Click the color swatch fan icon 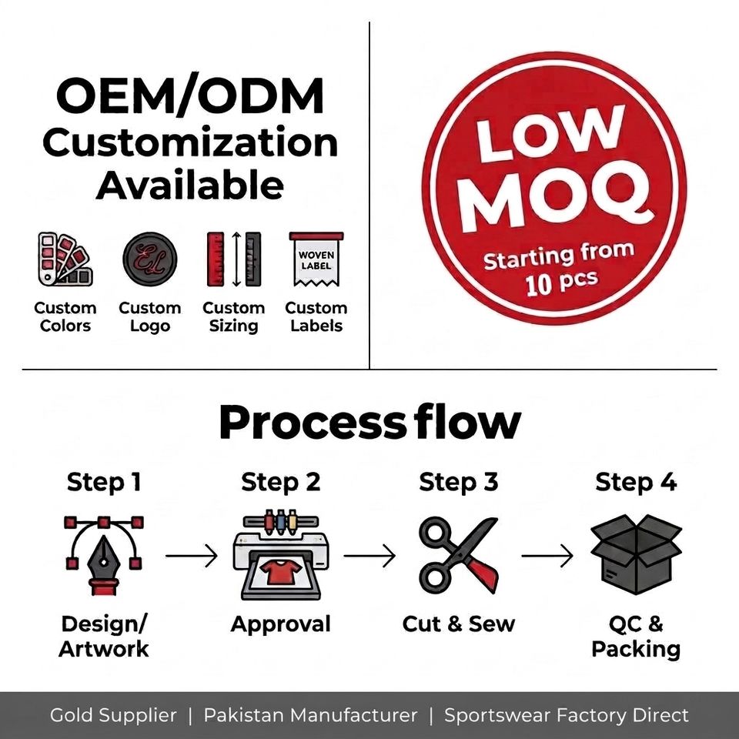click(x=65, y=259)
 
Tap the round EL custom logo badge click(x=150, y=259)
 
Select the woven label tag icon click(x=316, y=259)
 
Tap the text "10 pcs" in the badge click(x=562, y=283)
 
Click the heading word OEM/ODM click(x=190, y=97)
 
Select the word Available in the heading click(x=190, y=185)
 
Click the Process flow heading click(x=370, y=423)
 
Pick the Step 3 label click(x=459, y=482)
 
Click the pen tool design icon click(x=104, y=556)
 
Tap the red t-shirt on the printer click(x=280, y=570)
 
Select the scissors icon click(x=459, y=556)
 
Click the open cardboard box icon click(x=637, y=555)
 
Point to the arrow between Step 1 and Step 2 click(x=192, y=556)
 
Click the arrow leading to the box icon click(x=547, y=556)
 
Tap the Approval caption click(x=280, y=624)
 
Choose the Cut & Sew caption click(x=459, y=624)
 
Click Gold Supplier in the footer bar click(x=113, y=715)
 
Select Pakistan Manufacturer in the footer click(x=310, y=715)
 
